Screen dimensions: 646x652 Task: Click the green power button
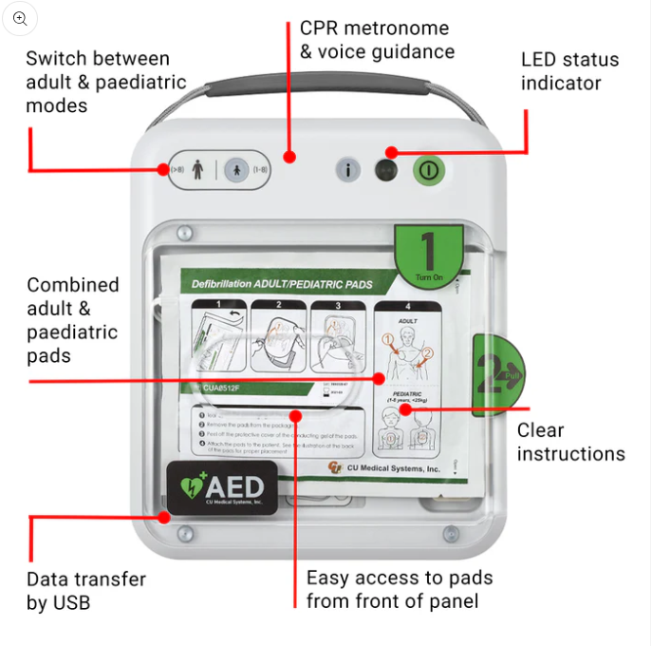(x=427, y=170)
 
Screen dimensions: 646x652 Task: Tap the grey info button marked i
(x=349, y=170)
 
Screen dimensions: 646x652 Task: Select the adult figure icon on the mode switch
(x=197, y=170)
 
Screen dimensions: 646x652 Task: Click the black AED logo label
(x=222, y=488)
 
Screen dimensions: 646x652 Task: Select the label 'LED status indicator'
(x=569, y=71)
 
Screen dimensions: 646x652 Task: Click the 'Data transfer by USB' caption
(x=85, y=590)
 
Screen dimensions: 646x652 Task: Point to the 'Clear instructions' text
(x=570, y=442)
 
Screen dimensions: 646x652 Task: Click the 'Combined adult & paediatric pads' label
(x=73, y=319)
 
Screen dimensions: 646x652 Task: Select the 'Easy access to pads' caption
(x=399, y=589)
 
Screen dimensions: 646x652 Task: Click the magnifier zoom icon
(x=20, y=18)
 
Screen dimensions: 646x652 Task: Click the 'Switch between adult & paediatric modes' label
(x=105, y=83)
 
